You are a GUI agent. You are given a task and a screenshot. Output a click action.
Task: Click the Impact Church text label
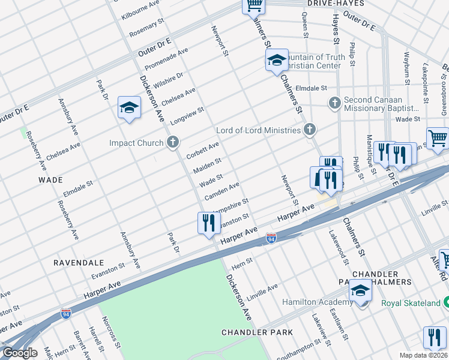(136, 143)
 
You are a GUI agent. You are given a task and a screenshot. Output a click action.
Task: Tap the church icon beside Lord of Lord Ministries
(309, 130)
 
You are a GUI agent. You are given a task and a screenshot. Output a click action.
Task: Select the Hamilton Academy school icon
(360, 291)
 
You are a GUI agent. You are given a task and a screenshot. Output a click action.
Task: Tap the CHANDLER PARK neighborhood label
(257, 332)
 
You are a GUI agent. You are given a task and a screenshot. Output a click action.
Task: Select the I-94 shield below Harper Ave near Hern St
(271, 239)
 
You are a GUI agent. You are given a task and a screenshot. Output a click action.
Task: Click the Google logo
(20, 353)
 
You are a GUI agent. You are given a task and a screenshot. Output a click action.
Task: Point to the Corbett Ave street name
(202, 151)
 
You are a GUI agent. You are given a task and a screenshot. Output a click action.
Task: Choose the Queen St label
(306, 26)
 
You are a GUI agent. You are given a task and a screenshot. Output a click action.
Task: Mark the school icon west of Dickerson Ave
(128, 107)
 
